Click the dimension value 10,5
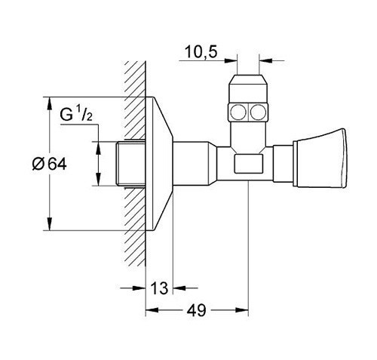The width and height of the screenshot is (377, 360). tap(198, 53)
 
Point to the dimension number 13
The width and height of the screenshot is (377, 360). tap(158, 288)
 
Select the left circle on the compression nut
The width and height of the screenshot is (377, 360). tap(237, 115)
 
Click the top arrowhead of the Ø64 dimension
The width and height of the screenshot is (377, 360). tap(50, 101)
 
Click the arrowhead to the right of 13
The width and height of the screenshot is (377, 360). tap(178, 288)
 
